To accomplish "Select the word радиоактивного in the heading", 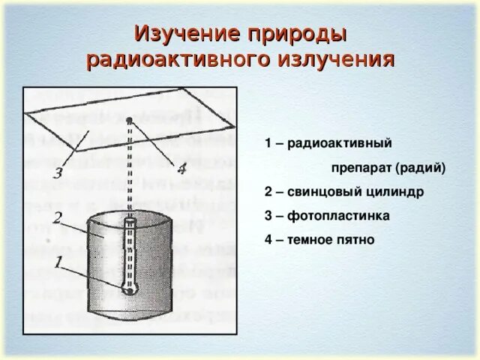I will [x=174, y=60].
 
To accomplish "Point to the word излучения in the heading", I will [x=335, y=60].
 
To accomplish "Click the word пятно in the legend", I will [x=357, y=240].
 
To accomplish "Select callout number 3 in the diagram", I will [x=56, y=174].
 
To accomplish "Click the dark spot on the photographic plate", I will [x=130, y=120].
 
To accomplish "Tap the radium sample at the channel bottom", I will [x=130, y=289].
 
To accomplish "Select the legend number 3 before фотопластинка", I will [x=268, y=216].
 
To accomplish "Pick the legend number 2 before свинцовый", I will [x=268, y=192].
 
